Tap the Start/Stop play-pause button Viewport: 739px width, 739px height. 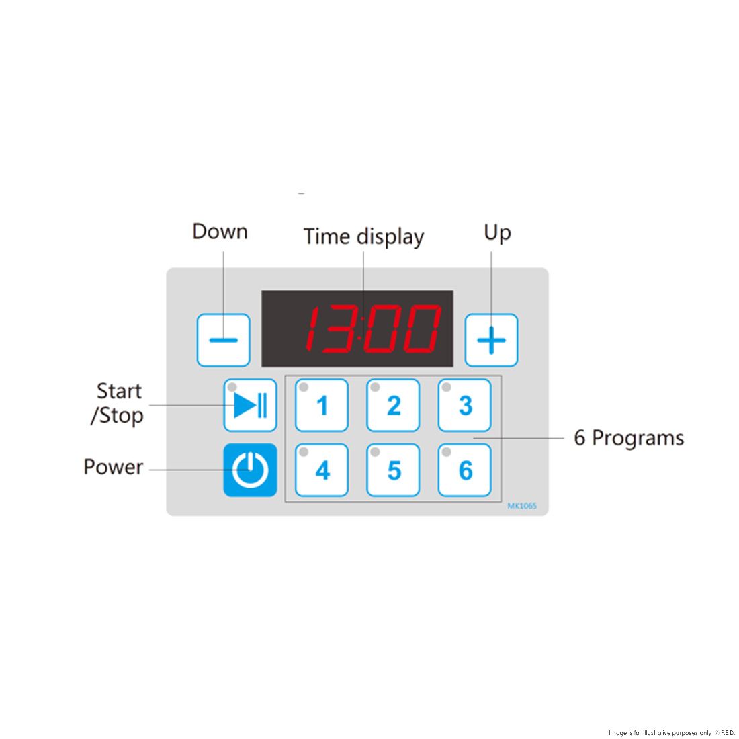click(x=250, y=405)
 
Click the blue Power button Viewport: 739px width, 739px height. click(x=250, y=470)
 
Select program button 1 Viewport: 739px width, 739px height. click(x=321, y=405)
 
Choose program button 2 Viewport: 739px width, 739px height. click(x=393, y=405)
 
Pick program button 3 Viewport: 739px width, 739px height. click(x=465, y=405)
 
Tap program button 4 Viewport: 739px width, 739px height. click(x=321, y=470)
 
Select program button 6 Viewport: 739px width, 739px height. click(x=465, y=470)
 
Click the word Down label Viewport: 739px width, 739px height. click(x=220, y=232)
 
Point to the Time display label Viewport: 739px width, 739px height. click(x=363, y=236)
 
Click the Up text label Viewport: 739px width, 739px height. click(x=497, y=233)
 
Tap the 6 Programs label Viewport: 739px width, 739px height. click(x=629, y=438)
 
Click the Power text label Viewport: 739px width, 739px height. click(x=113, y=467)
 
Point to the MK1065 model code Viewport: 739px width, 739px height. click(x=522, y=506)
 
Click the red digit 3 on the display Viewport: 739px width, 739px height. click(x=339, y=329)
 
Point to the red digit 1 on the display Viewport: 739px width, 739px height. click(x=311, y=329)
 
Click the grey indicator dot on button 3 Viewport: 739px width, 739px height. click(x=446, y=388)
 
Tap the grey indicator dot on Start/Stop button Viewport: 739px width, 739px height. click(x=232, y=388)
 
